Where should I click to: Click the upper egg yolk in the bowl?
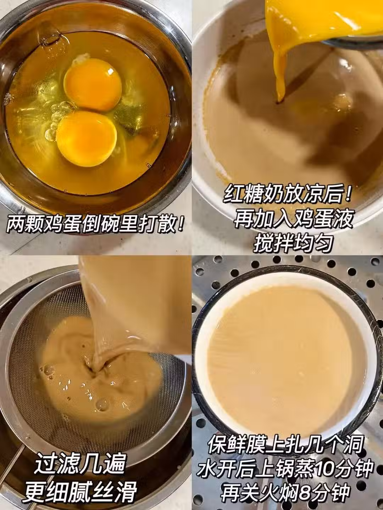(x=93, y=85)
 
